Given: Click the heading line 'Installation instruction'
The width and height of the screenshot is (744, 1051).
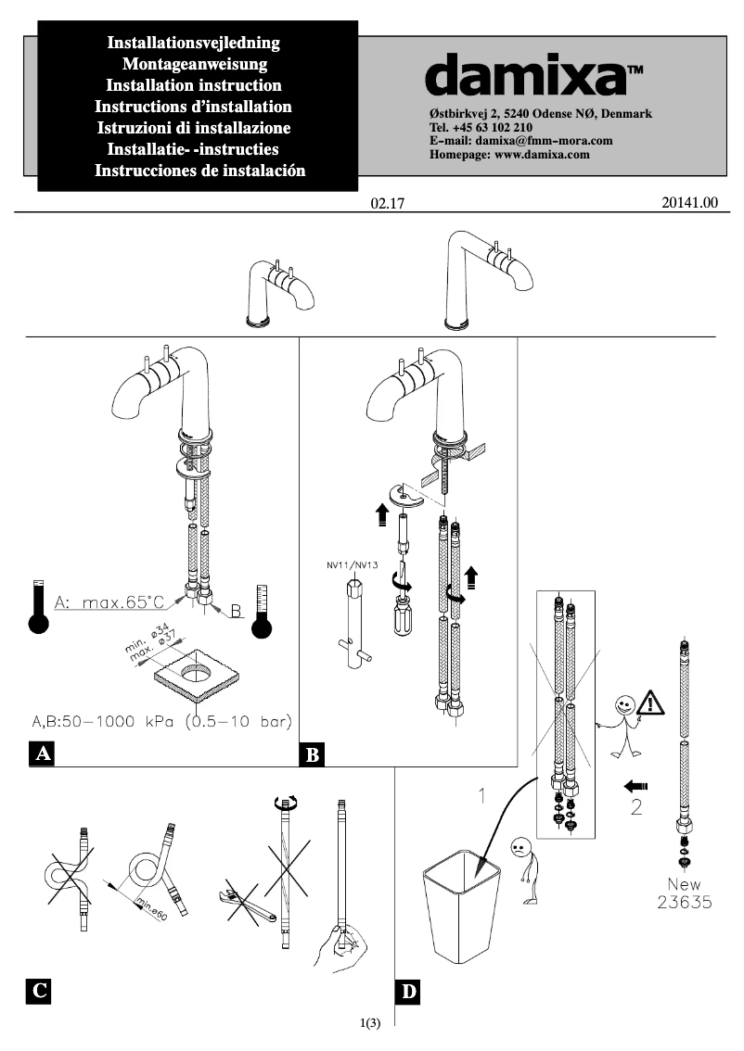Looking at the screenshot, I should tap(194, 85).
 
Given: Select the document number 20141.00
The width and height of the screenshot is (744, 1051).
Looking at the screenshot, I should tap(690, 203).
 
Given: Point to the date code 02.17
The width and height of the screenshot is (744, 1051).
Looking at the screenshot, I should tap(389, 204).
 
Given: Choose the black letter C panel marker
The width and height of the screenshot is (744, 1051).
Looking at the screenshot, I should tap(38, 992).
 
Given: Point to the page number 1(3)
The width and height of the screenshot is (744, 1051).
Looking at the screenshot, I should tap(370, 1023).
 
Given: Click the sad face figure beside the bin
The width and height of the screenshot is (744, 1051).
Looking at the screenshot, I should tap(520, 848).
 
